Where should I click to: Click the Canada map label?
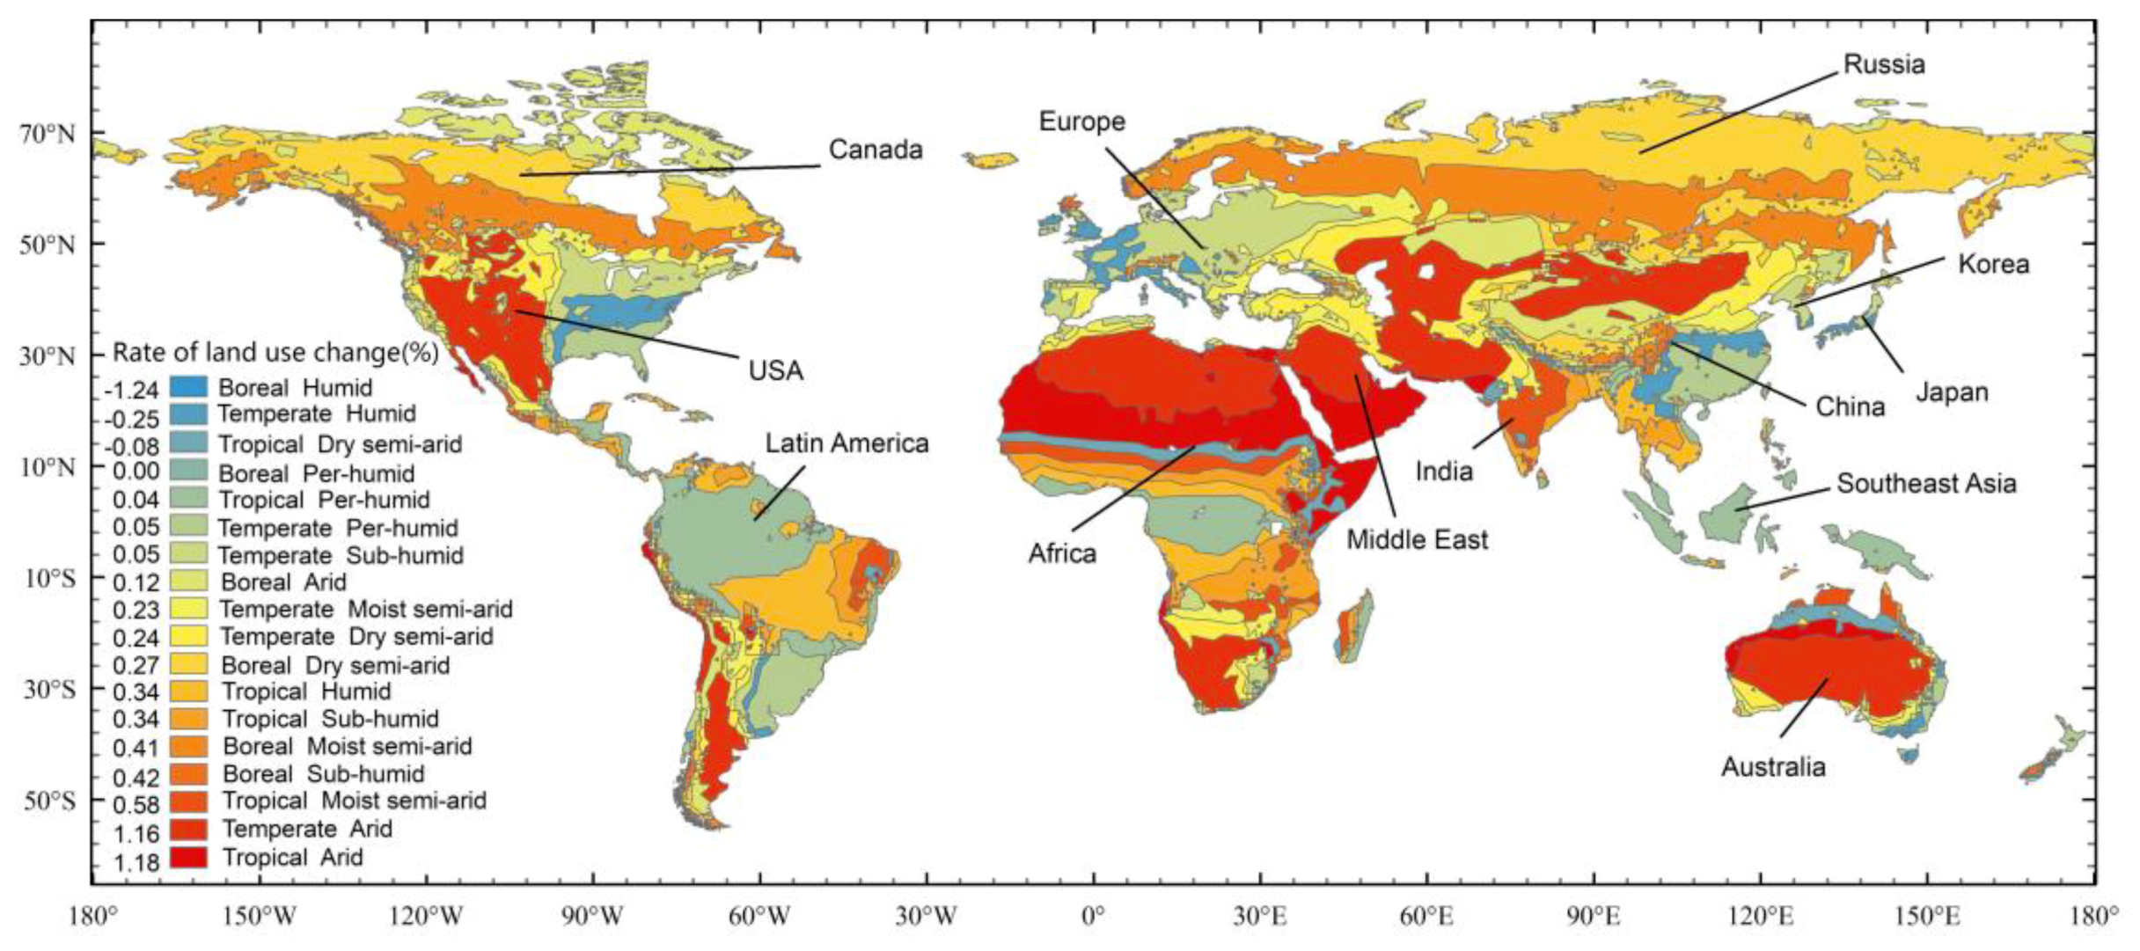876,150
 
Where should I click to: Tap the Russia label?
1884,64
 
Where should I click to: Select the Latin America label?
846,443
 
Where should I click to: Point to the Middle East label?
1418,538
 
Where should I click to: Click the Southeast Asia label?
1926,483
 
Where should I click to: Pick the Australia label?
1773,766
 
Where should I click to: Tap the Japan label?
1952,391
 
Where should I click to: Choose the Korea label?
1993,264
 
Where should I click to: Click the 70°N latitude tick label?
48,134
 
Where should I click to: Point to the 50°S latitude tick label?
48,801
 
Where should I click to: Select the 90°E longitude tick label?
1593,917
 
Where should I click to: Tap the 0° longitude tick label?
1093,917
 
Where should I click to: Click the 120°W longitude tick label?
427,917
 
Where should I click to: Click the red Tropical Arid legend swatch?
188,856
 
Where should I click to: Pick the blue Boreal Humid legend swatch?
188,386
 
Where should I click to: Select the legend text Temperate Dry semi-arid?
356,636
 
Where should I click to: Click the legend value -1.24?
132,390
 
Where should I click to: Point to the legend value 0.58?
136,804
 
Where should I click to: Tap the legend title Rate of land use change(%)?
275,353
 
